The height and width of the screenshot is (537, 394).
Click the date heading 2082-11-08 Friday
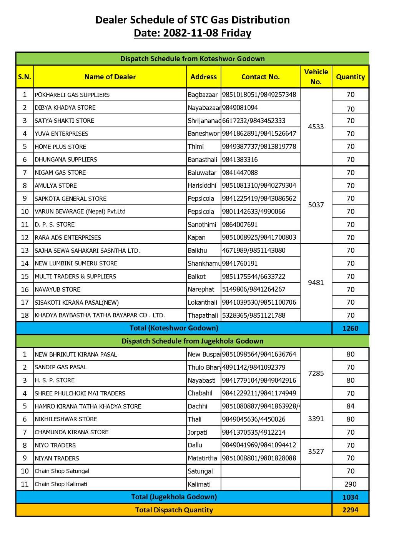192,33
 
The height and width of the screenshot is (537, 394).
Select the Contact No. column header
260,77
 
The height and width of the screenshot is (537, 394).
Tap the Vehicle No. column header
316,77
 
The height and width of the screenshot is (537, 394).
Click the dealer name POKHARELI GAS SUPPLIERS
72,95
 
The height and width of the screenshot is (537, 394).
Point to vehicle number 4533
316,127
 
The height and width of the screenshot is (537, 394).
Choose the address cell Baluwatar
202,173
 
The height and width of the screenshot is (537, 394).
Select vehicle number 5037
316,205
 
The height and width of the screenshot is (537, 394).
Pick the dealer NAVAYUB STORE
57,289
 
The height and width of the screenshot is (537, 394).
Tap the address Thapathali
203,315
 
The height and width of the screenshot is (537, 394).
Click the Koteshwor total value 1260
350,329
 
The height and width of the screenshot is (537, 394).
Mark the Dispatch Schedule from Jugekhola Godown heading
192,341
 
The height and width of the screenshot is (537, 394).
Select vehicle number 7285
316,374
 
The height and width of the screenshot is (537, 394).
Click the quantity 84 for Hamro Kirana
350,406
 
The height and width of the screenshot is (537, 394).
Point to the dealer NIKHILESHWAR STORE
66,419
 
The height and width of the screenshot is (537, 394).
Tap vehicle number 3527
316,452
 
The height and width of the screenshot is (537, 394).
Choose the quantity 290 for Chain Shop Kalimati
350,484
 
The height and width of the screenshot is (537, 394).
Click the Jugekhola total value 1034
350,497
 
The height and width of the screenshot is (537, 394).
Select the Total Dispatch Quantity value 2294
350,510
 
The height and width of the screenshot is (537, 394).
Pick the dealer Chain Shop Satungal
62,471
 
